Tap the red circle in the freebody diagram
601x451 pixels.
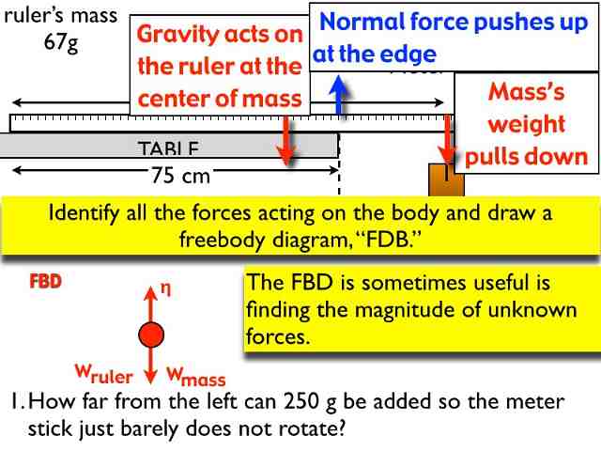pyautogui.click(x=150, y=334)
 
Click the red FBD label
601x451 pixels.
pyautogui.click(x=45, y=281)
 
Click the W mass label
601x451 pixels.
pyautogui.click(x=196, y=376)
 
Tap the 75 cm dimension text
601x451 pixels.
pyautogui.click(x=180, y=174)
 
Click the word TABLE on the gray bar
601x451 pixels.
pyautogui.click(x=168, y=148)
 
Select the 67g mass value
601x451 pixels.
pyautogui.click(x=61, y=44)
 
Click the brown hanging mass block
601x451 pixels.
pyautogui.click(x=445, y=179)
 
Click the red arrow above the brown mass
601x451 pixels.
pyautogui.click(x=447, y=141)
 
